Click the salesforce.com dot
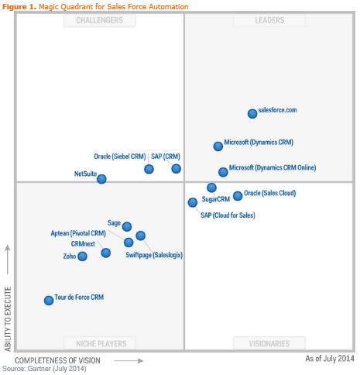coord(252,114)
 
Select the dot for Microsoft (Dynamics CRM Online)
coord(223,172)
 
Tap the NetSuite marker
coord(101,179)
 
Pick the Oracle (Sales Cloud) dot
coord(238,196)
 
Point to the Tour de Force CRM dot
coord(49,300)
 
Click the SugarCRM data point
coord(211,187)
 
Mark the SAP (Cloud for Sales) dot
coord(193,202)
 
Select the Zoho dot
coord(82,256)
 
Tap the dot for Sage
coord(127,227)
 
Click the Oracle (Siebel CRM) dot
coord(149,169)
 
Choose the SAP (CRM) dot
coord(177,168)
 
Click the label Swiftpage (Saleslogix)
coord(154,254)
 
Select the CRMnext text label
coord(83,244)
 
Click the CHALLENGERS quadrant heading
coord(100,21)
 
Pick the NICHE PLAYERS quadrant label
coord(100,342)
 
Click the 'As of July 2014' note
coord(330,359)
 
